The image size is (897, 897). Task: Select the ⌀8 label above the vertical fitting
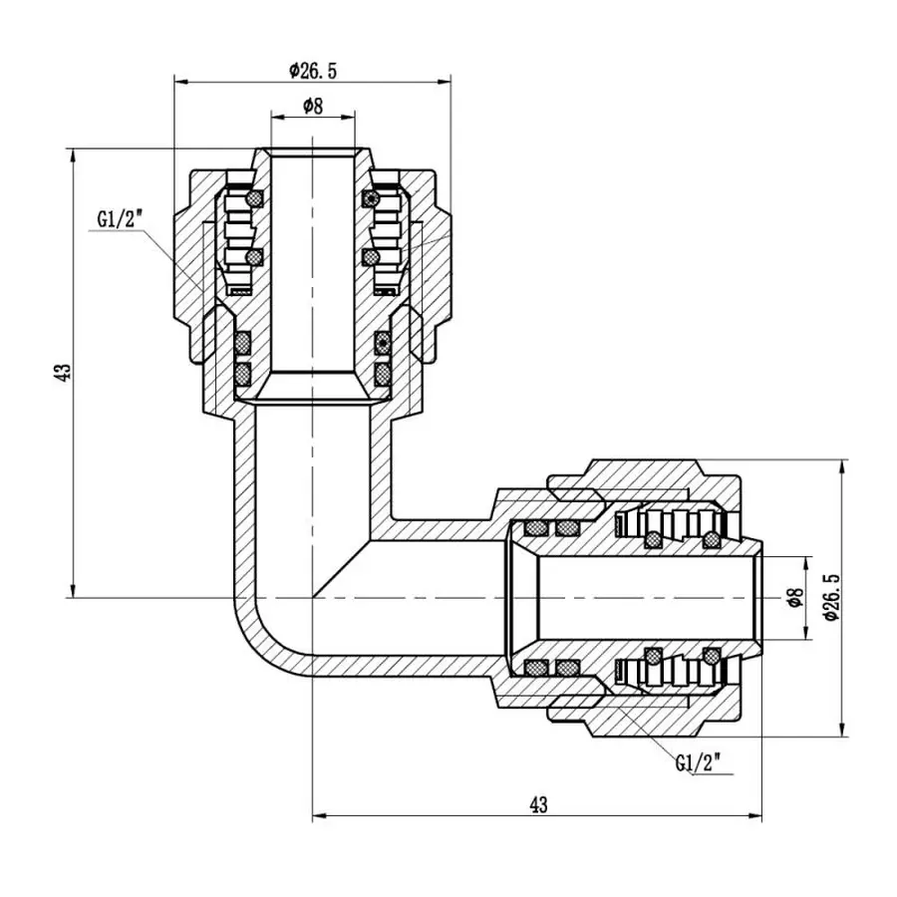312,106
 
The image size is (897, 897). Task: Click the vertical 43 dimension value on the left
64,373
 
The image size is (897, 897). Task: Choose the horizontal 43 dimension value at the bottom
538,803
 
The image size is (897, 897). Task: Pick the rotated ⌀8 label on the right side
795,598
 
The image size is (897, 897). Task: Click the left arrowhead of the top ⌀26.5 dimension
180,80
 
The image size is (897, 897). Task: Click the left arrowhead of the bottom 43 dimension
319,816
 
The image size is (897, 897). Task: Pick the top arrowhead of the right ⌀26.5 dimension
844,465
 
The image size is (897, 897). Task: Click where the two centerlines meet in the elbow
312,598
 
